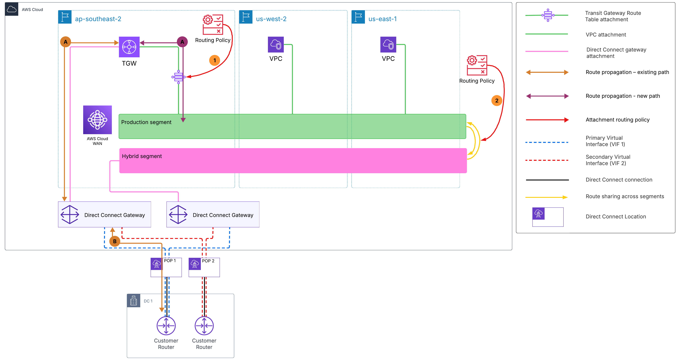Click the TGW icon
click(x=129, y=47)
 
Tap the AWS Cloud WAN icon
click(x=97, y=120)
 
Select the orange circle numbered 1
click(x=215, y=60)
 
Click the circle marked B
click(x=115, y=241)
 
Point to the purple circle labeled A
click(x=182, y=42)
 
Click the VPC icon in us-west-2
click(x=276, y=45)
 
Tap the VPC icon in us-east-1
click(x=388, y=45)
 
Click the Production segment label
click(x=146, y=122)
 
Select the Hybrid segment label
click(x=142, y=156)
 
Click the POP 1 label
click(x=170, y=260)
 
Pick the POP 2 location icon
click(x=195, y=264)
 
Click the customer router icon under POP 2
click(x=204, y=326)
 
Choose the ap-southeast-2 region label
click(x=98, y=19)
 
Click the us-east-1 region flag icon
click(x=358, y=17)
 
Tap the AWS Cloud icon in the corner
click(x=12, y=9)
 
